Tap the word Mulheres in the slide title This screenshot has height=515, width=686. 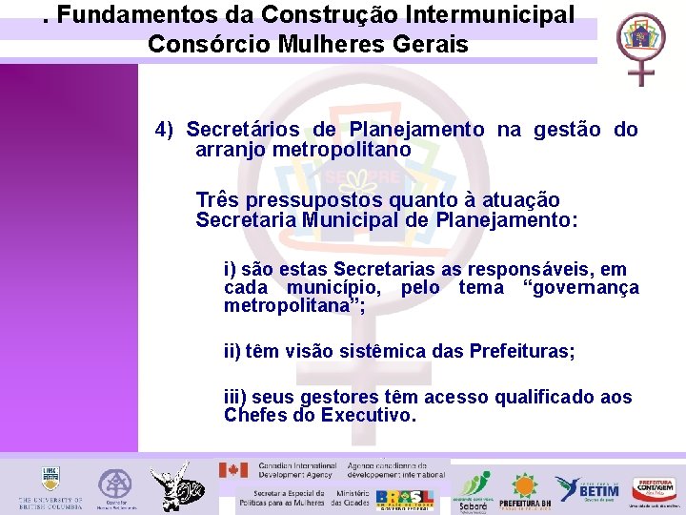295,44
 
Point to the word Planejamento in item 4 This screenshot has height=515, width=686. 416,130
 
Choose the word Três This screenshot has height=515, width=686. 216,200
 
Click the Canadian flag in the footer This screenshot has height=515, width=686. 233,470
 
